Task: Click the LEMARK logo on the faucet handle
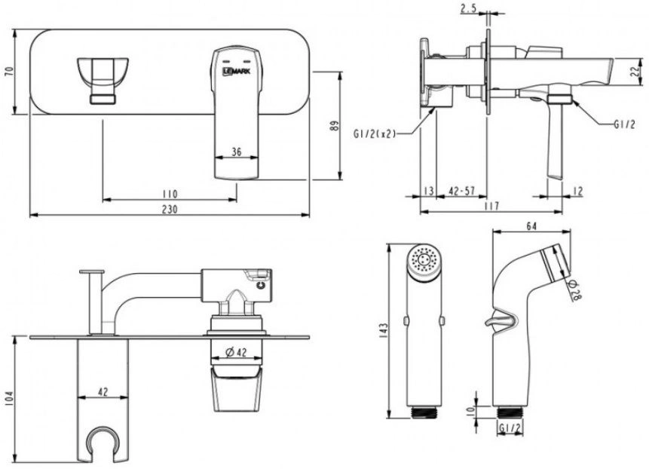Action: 237,71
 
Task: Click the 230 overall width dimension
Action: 170,209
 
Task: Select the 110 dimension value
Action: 170,194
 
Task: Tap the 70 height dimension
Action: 9,71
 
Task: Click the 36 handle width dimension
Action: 237,152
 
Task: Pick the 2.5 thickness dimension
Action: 468,8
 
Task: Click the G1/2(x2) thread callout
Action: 375,133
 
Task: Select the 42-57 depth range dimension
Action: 461,191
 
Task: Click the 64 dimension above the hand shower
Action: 531,226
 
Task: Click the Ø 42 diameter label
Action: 237,352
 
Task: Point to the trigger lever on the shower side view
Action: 501,319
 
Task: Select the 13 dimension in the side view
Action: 429,191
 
